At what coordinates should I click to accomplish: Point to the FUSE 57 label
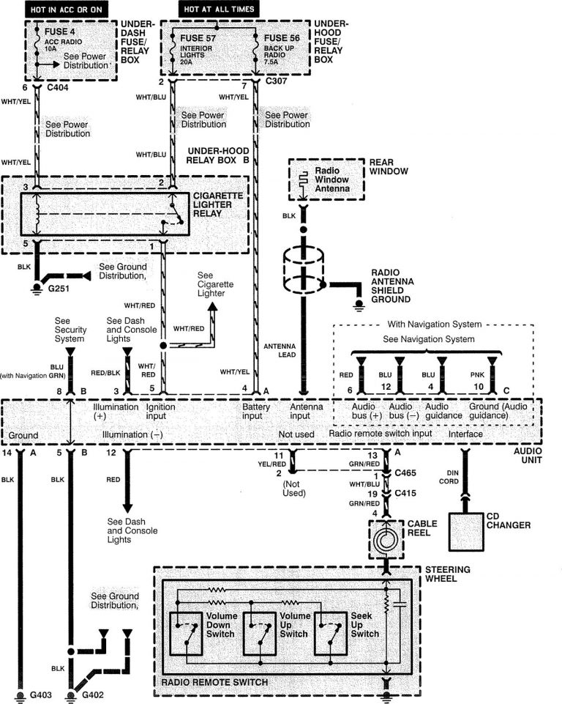coord(198,37)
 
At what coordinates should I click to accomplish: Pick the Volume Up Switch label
coord(293,624)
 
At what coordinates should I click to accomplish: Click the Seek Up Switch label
coord(364,624)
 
